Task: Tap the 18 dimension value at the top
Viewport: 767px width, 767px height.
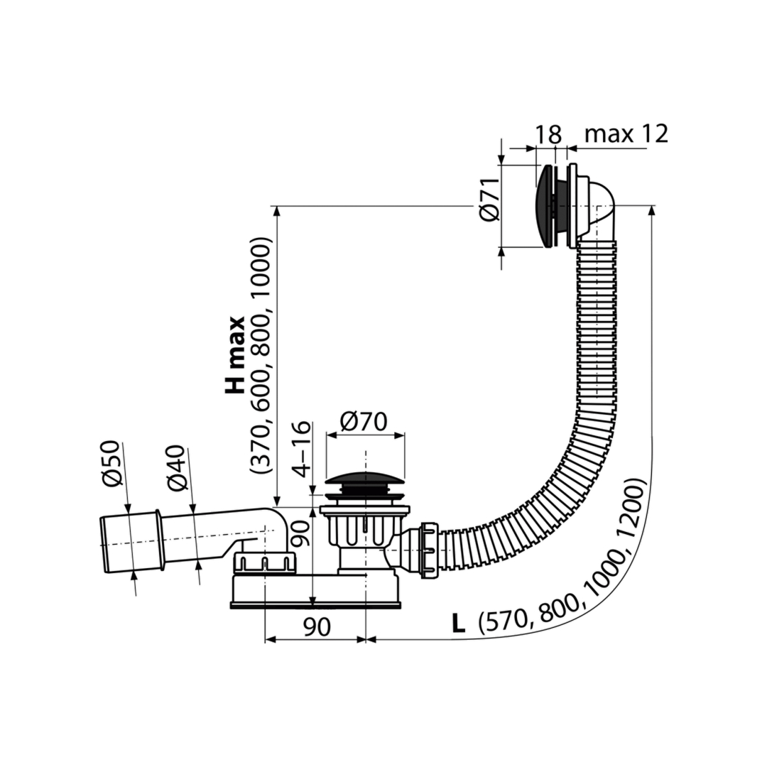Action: (x=548, y=134)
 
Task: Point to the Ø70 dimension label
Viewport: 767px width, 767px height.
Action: (x=364, y=421)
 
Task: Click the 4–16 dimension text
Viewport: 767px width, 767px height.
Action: (x=301, y=448)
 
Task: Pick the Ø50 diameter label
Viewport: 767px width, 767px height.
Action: (x=111, y=463)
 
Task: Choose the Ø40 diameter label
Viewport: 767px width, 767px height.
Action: (x=176, y=467)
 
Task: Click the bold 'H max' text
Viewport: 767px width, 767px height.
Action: (x=235, y=354)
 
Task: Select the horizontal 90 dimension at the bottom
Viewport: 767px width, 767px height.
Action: (x=317, y=626)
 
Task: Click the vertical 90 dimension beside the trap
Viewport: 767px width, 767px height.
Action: (x=301, y=533)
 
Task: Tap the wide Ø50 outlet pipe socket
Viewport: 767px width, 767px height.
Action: (x=131, y=541)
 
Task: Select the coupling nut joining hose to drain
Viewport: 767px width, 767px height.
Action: (x=428, y=551)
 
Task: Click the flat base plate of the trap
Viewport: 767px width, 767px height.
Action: (x=316, y=606)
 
